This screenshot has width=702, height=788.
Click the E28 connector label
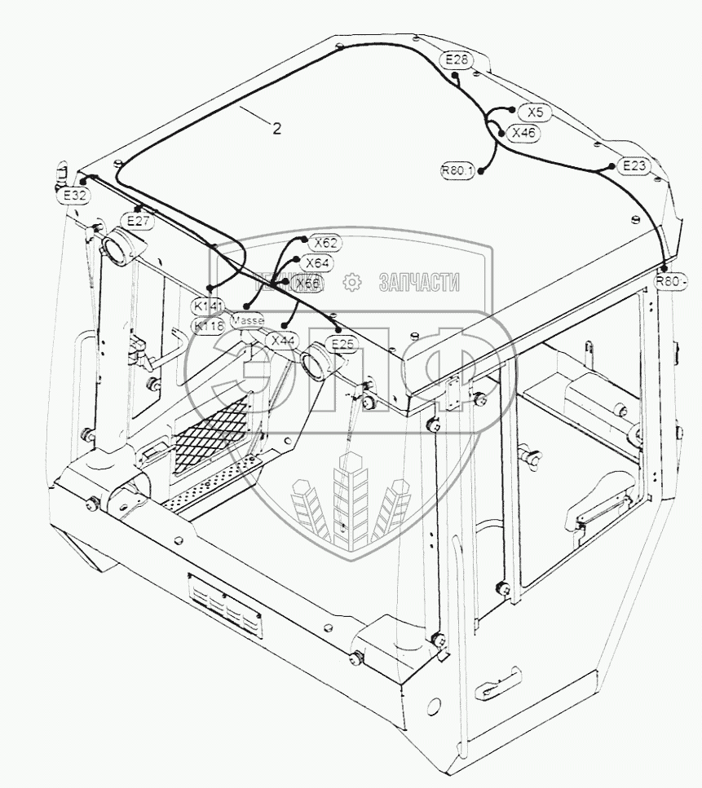coord(457,59)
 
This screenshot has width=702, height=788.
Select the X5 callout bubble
coord(535,112)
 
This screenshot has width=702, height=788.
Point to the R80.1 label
coord(457,170)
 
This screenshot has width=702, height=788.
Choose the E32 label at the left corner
coord(73,196)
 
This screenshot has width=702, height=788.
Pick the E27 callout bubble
coord(137,220)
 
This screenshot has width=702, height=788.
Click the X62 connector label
coord(327,243)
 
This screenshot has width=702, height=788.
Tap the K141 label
coord(209,305)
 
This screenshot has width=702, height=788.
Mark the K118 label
coord(209,325)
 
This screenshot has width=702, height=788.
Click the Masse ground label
coord(247,321)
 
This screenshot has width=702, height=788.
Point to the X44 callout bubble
coord(283,341)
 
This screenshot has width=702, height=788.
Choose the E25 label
coord(343,343)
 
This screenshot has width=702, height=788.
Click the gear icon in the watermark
coord(352,282)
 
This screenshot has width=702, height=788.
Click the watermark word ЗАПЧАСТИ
coord(417,282)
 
